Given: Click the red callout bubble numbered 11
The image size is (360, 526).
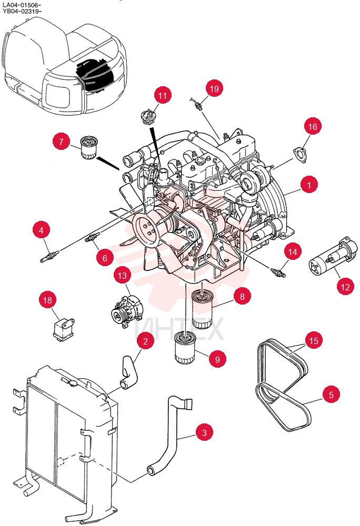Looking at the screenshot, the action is click(x=163, y=96).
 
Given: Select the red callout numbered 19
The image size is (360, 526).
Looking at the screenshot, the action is click(x=214, y=88).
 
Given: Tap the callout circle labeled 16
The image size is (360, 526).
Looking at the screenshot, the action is click(x=313, y=126).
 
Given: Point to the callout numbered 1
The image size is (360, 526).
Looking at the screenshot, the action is click(x=309, y=185).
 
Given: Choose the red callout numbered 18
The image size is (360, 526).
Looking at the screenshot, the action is click(x=48, y=300).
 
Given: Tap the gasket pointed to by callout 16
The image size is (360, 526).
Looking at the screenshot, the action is click(x=299, y=154).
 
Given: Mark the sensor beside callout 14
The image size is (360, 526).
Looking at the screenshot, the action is click(x=278, y=272).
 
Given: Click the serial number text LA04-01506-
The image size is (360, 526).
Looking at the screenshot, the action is click(x=22, y=5).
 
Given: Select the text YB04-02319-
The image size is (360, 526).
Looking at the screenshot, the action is click(x=22, y=11).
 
